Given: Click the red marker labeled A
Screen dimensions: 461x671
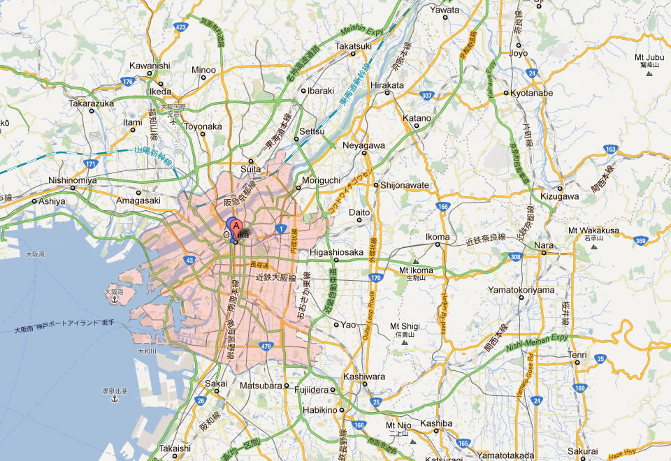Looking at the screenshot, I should (x=237, y=226).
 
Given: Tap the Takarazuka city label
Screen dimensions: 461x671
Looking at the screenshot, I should (x=91, y=103).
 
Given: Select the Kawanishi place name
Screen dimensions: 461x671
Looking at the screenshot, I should (x=150, y=66).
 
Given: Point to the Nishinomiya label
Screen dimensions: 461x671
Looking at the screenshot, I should (x=73, y=180).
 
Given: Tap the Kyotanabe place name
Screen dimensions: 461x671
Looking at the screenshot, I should (x=532, y=92).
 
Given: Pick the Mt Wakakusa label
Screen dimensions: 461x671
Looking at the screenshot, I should (x=593, y=230).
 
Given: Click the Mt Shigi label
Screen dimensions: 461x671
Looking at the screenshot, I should (x=405, y=326).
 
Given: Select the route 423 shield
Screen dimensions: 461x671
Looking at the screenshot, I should (x=181, y=27).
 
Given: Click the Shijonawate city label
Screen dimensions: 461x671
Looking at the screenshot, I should (x=405, y=185).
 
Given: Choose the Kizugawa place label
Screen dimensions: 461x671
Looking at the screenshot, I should (x=560, y=196).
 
